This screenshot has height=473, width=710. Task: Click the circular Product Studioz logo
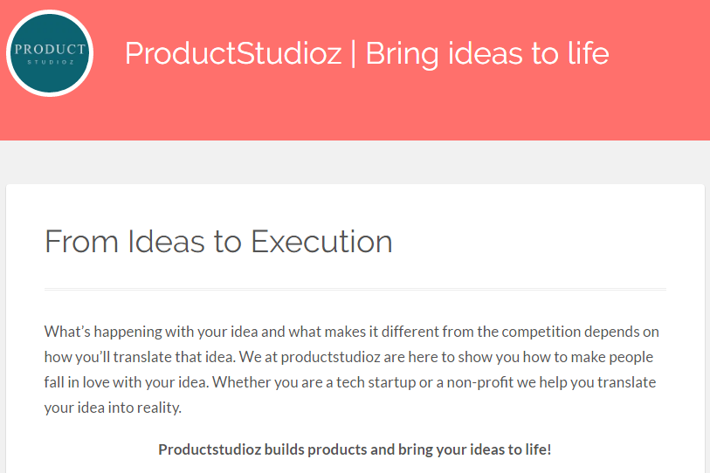50,53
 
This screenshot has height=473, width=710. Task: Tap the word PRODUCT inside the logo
50,49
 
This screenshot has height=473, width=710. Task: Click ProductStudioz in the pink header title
233,53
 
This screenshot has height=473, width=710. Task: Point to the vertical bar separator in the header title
353,53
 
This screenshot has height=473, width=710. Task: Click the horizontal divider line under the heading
355,288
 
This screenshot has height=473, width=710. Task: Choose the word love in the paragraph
114,382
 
